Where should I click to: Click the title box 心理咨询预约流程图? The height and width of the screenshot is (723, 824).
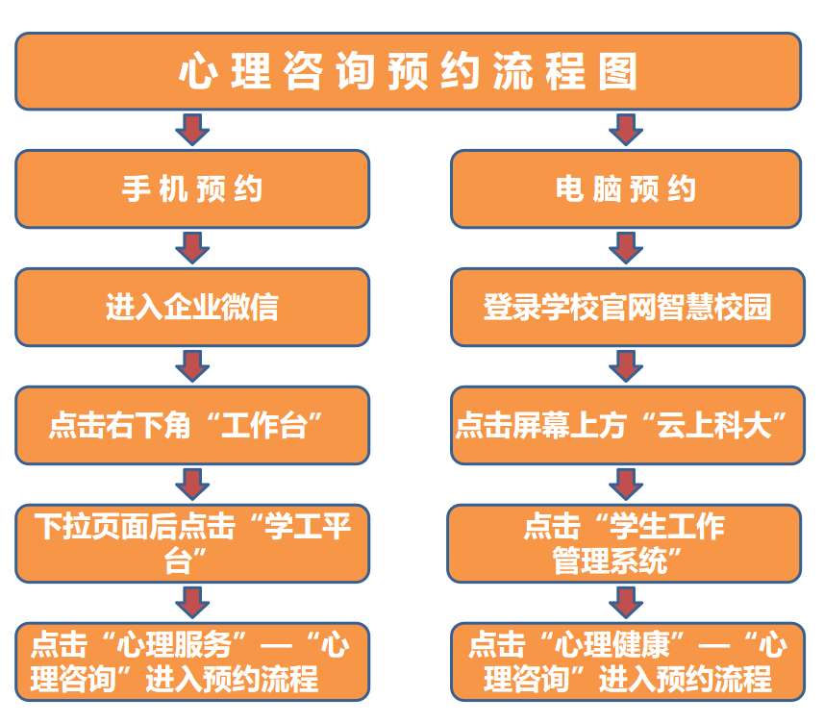(x=408, y=71)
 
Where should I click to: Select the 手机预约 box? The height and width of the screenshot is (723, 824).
(x=192, y=189)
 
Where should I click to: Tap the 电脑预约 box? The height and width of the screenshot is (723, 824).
(x=626, y=189)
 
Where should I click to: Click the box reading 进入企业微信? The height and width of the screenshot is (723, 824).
(x=192, y=307)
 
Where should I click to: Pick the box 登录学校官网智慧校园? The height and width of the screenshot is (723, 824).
(x=626, y=307)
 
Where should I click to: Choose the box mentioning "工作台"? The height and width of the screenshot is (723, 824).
(x=192, y=425)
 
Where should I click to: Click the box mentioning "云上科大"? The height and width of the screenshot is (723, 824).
(x=626, y=425)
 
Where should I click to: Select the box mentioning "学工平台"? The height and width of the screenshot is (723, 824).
(x=192, y=542)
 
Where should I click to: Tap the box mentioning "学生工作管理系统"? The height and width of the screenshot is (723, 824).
(x=626, y=542)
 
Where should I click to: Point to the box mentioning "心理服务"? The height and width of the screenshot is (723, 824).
(x=192, y=661)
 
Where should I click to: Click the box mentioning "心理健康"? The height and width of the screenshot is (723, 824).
(x=626, y=661)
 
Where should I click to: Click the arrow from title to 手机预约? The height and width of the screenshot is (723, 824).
(x=192, y=129)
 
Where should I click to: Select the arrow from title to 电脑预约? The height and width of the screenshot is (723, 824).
(x=626, y=129)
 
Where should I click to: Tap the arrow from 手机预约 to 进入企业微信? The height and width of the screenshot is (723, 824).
(x=192, y=247)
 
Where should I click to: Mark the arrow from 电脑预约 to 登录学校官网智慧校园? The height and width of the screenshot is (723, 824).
(x=626, y=247)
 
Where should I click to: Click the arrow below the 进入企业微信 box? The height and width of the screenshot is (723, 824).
(x=192, y=365)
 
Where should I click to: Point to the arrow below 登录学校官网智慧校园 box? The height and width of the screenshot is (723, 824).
(x=626, y=365)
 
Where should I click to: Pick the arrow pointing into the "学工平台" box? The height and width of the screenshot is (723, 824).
(x=192, y=484)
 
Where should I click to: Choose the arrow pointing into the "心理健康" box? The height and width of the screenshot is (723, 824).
(x=626, y=602)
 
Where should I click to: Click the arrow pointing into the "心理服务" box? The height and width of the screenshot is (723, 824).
(x=192, y=602)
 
